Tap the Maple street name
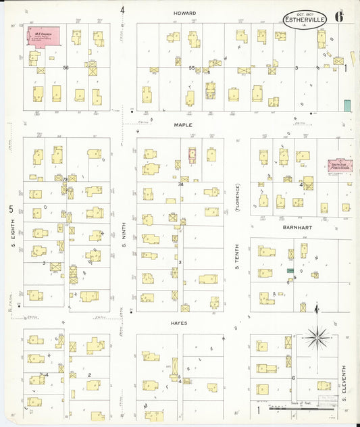[183, 125]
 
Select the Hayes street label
[179, 323]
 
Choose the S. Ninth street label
[124, 236]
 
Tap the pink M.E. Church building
[42, 36]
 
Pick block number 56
[66, 68]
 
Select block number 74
[180, 184]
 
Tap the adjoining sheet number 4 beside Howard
[122, 10]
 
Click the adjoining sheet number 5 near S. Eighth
[11, 209]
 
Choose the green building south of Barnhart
[290, 270]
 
